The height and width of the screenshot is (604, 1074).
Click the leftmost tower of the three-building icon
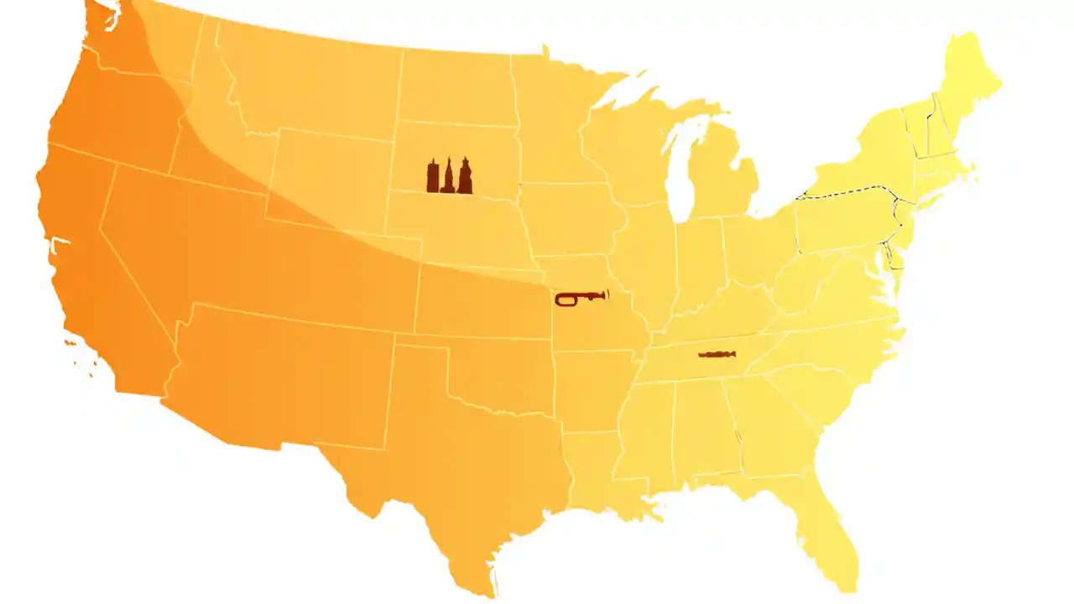pyautogui.click(x=433, y=178)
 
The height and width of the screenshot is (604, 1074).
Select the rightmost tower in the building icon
pyautogui.click(x=464, y=178)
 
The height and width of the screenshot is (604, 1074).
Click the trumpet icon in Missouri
pyautogui.click(x=580, y=297)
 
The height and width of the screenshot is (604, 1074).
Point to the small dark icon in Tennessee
pyautogui.click(x=717, y=355)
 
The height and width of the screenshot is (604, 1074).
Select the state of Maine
pyautogui.click(x=969, y=80)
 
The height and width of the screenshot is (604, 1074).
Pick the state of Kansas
pyautogui.click(x=482, y=302)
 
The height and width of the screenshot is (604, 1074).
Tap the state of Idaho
pyautogui.click(x=210, y=126)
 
